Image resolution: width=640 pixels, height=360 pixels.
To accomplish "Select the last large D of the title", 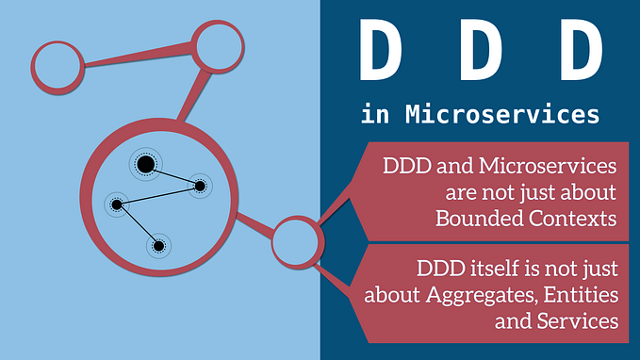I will [576, 54].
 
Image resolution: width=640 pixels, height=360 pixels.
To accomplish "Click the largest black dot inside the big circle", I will [145, 166].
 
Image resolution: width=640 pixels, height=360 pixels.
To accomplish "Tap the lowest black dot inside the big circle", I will [158, 246].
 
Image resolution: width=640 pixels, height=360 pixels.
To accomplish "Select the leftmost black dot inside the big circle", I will [116, 204].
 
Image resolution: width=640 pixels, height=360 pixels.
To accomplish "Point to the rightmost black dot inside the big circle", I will [200, 186].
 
